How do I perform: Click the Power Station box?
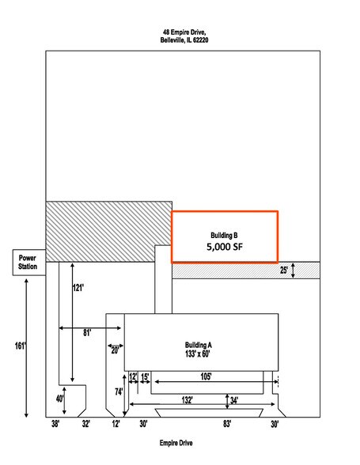(x=29, y=263)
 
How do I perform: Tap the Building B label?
(x=224, y=236)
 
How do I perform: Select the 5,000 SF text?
(x=225, y=247)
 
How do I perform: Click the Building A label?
(x=199, y=345)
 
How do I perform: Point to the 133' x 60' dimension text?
(x=197, y=353)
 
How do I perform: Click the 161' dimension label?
(x=21, y=346)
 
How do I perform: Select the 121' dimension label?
(x=78, y=288)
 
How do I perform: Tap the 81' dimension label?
(x=87, y=333)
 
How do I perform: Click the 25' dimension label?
(x=284, y=270)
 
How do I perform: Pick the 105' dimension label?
(x=206, y=376)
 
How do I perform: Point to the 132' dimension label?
(x=187, y=400)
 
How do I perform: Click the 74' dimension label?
(x=119, y=392)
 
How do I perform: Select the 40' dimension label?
(x=60, y=399)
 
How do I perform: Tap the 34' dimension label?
(x=234, y=401)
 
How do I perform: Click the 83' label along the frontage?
(x=227, y=424)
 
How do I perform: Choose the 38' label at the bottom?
(x=55, y=424)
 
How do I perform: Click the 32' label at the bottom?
(x=86, y=424)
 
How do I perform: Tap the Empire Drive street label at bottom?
(x=176, y=443)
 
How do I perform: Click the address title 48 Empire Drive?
(x=184, y=32)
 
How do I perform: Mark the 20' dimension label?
(x=115, y=351)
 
